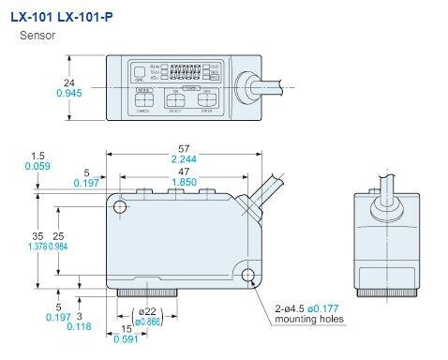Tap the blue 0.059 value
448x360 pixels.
[37, 167]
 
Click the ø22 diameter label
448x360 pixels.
[146, 312]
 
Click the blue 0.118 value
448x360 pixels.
[85, 327]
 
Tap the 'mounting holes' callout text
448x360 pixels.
[309, 320]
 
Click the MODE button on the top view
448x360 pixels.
[143, 92]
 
